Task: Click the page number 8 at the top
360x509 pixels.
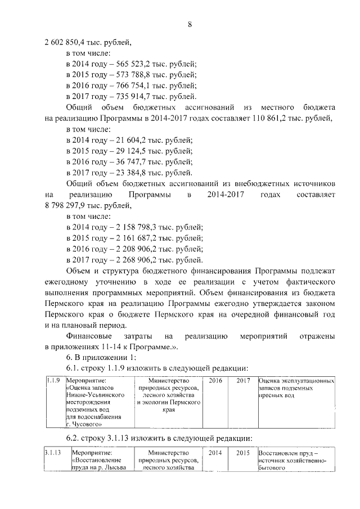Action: [190, 24]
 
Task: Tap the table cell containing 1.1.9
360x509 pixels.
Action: [52, 381]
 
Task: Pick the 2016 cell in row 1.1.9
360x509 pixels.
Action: [215, 381]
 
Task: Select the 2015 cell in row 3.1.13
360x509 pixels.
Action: [243, 452]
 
